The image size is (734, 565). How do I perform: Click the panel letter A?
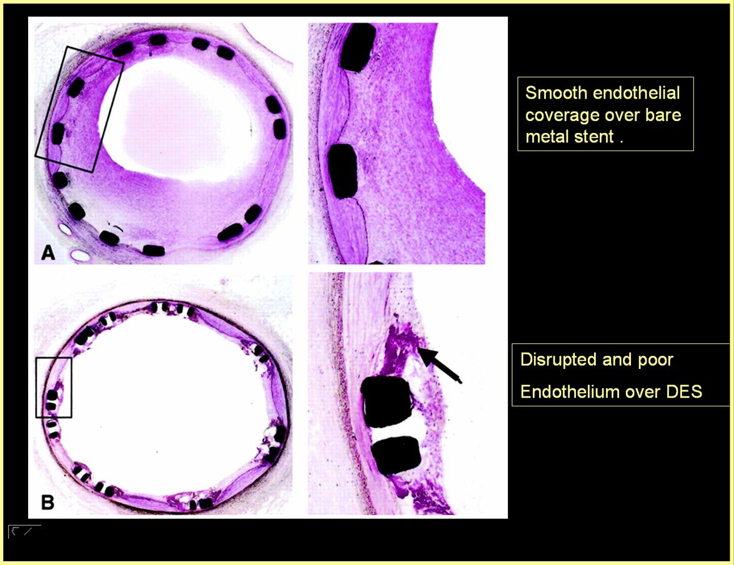click(48, 253)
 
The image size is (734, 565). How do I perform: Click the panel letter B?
click(47, 503)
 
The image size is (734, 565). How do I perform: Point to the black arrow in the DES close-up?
click(439, 365)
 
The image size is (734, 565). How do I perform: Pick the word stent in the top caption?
click(593, 137)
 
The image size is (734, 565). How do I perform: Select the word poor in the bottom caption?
click(654, 361)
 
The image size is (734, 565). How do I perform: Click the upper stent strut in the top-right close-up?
click(358, 47)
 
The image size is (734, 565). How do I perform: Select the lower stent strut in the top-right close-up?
click(343, 171)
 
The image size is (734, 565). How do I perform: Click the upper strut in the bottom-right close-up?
click(385, 401)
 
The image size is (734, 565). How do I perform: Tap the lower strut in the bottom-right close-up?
click(395, 454)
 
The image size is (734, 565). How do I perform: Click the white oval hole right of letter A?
click(80, 255)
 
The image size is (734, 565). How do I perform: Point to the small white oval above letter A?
click(65, 229)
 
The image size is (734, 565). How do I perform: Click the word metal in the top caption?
click(546, 137)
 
